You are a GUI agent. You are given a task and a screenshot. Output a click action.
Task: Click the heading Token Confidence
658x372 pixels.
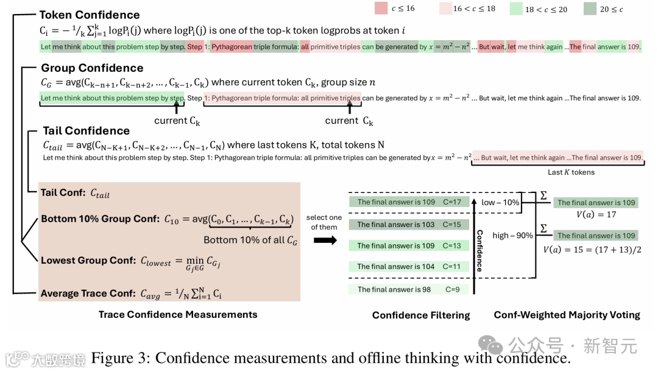(90, 15)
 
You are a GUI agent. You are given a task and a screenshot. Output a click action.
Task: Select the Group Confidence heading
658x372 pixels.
(92, 68)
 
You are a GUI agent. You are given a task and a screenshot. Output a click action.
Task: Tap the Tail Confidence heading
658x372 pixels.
(86, 130)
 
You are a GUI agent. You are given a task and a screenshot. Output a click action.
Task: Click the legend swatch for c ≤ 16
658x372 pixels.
(382, 9)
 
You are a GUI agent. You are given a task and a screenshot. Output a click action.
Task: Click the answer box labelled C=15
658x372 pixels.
(409, 225)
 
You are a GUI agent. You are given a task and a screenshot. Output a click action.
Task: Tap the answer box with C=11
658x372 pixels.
(409, 267)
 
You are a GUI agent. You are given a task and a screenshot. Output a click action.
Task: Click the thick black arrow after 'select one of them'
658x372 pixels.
(325, 240)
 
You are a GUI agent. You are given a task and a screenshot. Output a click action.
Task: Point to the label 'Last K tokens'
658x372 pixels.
(571, 172)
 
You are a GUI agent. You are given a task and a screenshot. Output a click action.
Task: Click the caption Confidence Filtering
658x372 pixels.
(421, 315)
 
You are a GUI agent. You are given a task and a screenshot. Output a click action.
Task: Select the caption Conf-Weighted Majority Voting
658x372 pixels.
(567, 315)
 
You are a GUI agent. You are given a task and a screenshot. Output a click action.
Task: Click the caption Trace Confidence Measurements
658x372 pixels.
(178, 314)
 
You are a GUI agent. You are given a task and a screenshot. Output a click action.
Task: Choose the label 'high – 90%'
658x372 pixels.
(512, 236)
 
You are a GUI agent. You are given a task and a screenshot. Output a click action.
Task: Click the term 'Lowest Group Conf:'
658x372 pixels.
(88, 260)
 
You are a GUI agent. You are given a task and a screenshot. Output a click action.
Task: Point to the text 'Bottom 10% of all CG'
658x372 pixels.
(250, 240)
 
